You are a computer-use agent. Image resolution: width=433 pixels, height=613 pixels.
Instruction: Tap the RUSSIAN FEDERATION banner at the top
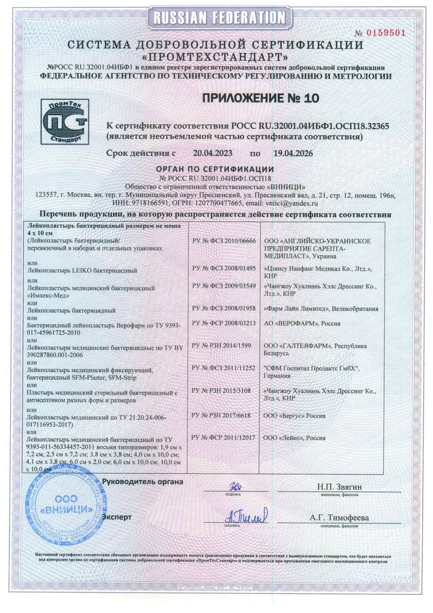(x=220, y=17)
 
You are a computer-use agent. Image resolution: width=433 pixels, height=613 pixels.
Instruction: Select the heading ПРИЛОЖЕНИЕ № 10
(x=261, y=99)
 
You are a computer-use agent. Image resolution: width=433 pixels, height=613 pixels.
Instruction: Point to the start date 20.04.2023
(x=212, y=153)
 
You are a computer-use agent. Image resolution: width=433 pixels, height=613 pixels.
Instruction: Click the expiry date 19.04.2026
(x=293, y=153)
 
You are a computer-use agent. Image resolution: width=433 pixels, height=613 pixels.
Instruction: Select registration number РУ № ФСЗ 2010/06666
(x=224, y=241)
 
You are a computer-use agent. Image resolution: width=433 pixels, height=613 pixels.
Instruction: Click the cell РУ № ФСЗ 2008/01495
(x=224, y=268)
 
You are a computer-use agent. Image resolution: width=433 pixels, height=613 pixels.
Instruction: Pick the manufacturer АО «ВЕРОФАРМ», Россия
(x=302, y=323)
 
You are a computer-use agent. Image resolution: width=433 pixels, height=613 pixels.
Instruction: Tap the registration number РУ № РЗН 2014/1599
(x=221, y=346)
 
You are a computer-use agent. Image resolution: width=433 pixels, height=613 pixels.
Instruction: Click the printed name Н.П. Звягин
(x=339, y=487)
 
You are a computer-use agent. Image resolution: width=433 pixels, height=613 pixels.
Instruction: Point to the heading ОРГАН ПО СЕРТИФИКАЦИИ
(x=215, y=169)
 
